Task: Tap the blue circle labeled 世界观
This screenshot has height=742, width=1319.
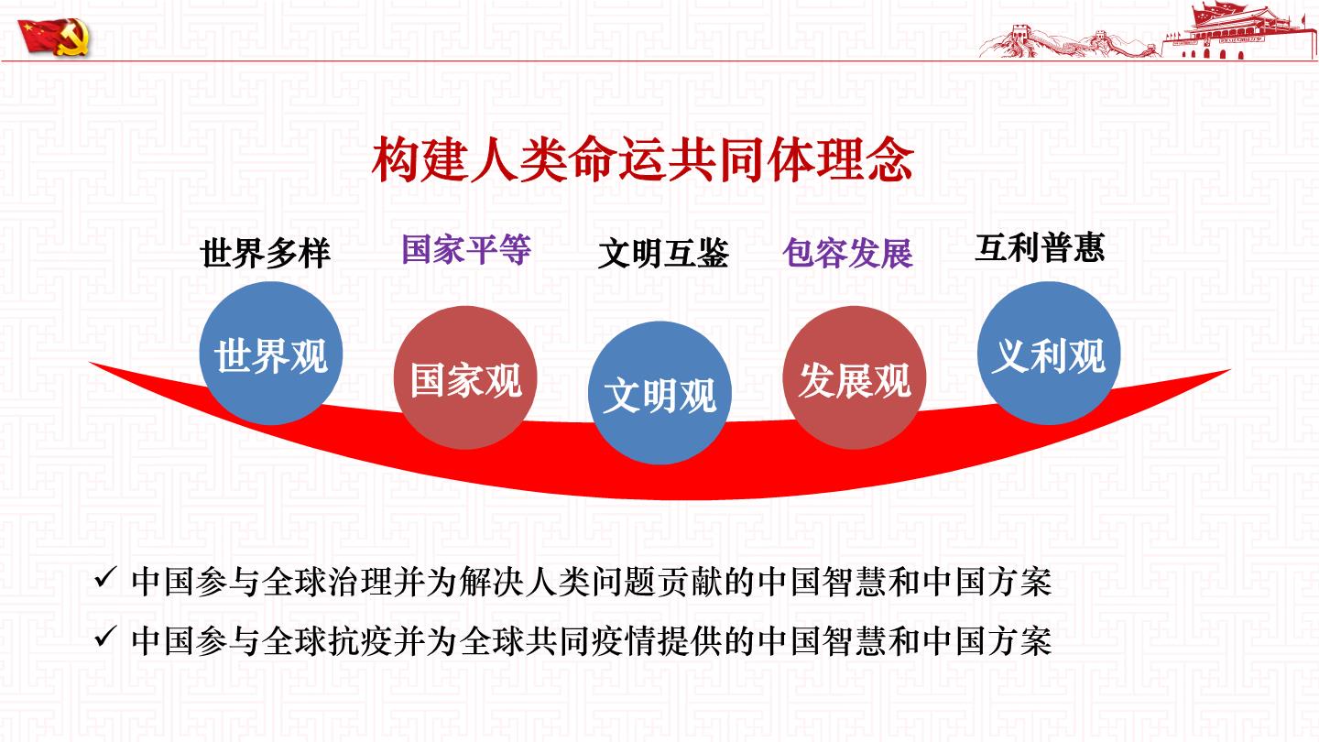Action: tap(271, 354)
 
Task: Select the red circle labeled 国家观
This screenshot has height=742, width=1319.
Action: tap(465, 377)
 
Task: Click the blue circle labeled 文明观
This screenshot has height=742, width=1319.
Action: tap(659, 393)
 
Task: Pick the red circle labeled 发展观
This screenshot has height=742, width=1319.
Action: tap(855, 377)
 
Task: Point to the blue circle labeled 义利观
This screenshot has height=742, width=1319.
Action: tap(1049, 354)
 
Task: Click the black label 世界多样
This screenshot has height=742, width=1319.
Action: tap(266, 254)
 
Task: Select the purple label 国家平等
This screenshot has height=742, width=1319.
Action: tap(466, 249)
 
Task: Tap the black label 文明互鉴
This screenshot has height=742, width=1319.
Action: tap(663, 254)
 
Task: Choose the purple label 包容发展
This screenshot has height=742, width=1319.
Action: tap(848, 254)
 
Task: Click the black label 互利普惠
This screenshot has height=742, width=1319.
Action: tap(1040, 248)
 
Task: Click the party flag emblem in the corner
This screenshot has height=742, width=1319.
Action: tap(54, 37)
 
